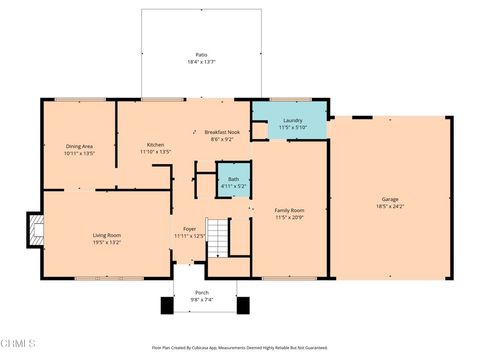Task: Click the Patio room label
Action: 200,54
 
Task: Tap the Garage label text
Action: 389,198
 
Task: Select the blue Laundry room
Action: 290,121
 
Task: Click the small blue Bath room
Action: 232,179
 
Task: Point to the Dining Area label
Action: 80,146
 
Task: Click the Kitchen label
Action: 155,145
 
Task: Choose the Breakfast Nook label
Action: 222,132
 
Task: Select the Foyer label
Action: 189,229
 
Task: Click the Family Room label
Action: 289,209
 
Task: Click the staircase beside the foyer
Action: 218,238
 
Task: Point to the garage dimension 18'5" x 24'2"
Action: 389,205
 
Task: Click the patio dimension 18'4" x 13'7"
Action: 200,62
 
